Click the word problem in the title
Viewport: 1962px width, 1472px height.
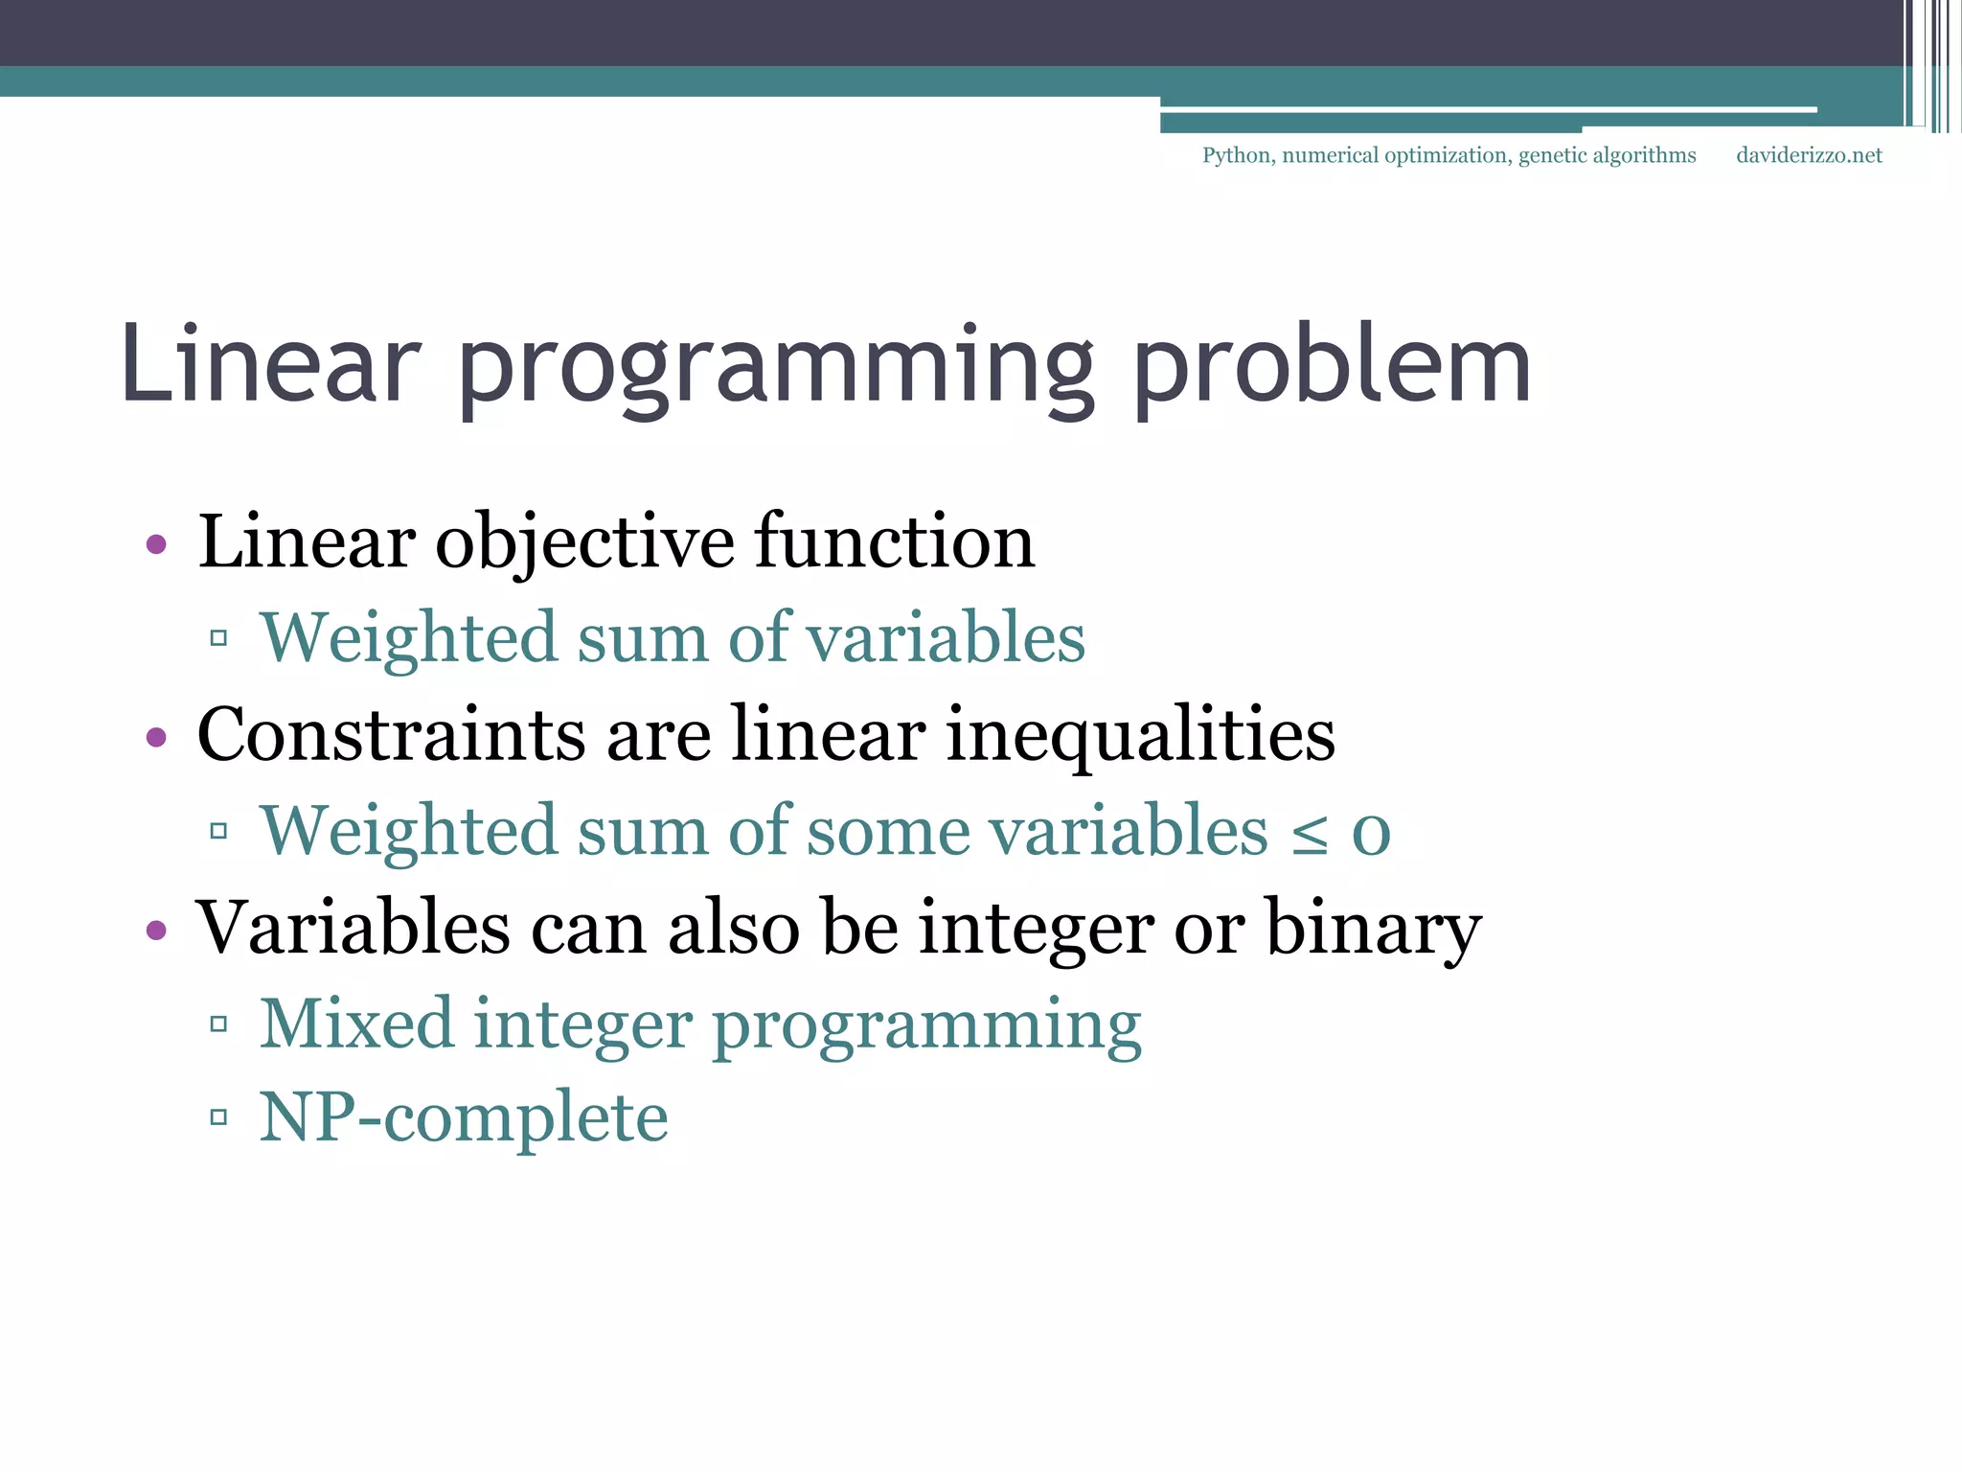click(1333, 369)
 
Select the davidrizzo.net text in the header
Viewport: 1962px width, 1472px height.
click(1809, 155)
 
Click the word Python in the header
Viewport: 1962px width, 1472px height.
click(1237, 155)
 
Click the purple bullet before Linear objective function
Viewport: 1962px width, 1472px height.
click(156, 545)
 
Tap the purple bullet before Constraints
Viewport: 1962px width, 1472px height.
click(156, 738)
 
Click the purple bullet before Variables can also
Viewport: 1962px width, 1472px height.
click(156, 931)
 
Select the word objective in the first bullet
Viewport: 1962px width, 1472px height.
click(584, 542)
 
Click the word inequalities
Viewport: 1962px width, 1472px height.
click(1140, 736)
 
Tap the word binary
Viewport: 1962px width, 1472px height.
click(1374, 930)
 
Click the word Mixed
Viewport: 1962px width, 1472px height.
click(356, 1023)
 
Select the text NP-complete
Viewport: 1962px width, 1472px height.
click(464, 1117)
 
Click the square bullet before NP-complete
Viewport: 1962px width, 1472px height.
click(218, 1117)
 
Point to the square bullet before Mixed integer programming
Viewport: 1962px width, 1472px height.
click(218, 1024)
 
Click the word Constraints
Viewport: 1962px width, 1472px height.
click(391, 736)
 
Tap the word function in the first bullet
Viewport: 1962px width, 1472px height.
click(895, 542)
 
